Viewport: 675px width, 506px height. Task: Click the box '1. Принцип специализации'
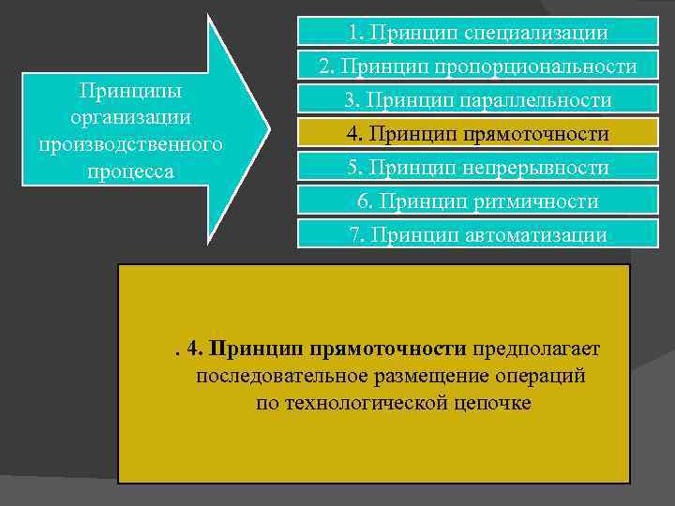point(477,33)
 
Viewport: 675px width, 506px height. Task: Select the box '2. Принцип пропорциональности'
point(477,67)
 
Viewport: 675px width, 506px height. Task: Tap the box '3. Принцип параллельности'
point(477,100)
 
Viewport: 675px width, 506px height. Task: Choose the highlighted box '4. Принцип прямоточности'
point(477,134)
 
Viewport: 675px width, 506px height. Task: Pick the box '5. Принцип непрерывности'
point(477,168)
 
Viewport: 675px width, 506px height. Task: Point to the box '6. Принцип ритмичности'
point(477,201)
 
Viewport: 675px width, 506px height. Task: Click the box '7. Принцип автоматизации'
point(477,234)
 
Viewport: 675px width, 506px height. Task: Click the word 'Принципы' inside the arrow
point(131,92)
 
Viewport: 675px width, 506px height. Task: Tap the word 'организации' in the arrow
point(131,119)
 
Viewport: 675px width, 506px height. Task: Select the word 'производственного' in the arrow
point(131,146)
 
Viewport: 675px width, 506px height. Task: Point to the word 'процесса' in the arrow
point(131,173)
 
